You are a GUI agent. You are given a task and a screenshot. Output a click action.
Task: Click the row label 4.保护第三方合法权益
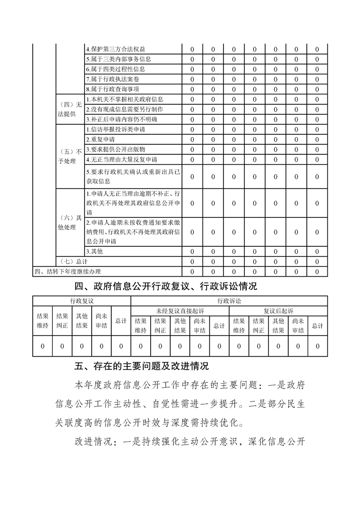[115, 49]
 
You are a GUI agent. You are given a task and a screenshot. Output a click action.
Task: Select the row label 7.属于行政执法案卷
[113, 79]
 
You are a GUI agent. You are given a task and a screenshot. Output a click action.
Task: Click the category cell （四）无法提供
[69, 109]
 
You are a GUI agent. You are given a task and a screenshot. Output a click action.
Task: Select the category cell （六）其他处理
[69, 222]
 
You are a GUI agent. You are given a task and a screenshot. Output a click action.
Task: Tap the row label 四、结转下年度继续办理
[68, 271]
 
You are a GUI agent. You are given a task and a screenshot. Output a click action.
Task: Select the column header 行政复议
[82, 301]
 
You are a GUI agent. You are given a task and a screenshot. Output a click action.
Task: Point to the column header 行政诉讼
[229, 301]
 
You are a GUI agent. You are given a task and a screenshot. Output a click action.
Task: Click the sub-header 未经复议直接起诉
[180, 311]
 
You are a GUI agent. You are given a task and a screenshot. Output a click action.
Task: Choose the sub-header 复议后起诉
[278, 311]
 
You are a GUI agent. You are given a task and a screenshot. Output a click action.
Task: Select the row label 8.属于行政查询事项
[113, 89]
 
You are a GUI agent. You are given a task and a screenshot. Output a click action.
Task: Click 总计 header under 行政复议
[121, 321]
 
